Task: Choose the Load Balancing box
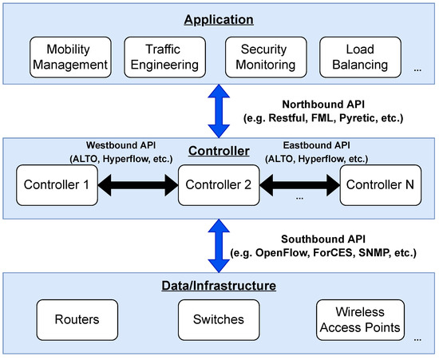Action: [358, 56]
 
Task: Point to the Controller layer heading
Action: [218, 151]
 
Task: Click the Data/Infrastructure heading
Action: [218, 284]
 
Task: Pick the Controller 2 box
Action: [218, 187]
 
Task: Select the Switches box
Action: [218, 319]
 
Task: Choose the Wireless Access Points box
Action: [358, 319]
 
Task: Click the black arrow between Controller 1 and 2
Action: [136, 187]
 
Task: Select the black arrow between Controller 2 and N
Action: [300, 187]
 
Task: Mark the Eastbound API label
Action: [318, 145]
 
